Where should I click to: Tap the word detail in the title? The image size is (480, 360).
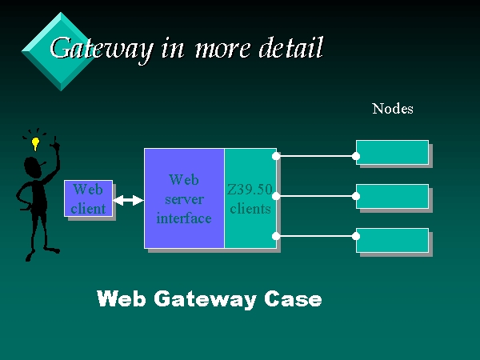click(291, 49)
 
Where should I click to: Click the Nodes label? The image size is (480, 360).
click(392, 109)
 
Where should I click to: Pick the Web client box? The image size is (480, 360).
click(88, 198)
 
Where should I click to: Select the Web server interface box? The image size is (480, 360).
click(184, 198)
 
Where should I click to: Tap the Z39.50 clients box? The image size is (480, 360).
click(250, 198)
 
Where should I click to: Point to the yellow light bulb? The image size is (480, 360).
click(35, 145)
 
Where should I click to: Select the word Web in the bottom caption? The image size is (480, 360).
click(118, 299)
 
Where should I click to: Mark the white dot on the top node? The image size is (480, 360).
click(357, 156)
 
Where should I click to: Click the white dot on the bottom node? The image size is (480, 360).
click(357, 236)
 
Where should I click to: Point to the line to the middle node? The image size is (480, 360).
click(316, 196)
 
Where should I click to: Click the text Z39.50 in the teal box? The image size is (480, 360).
click(250, 190)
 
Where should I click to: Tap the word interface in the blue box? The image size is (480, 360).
click(184, 218)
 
